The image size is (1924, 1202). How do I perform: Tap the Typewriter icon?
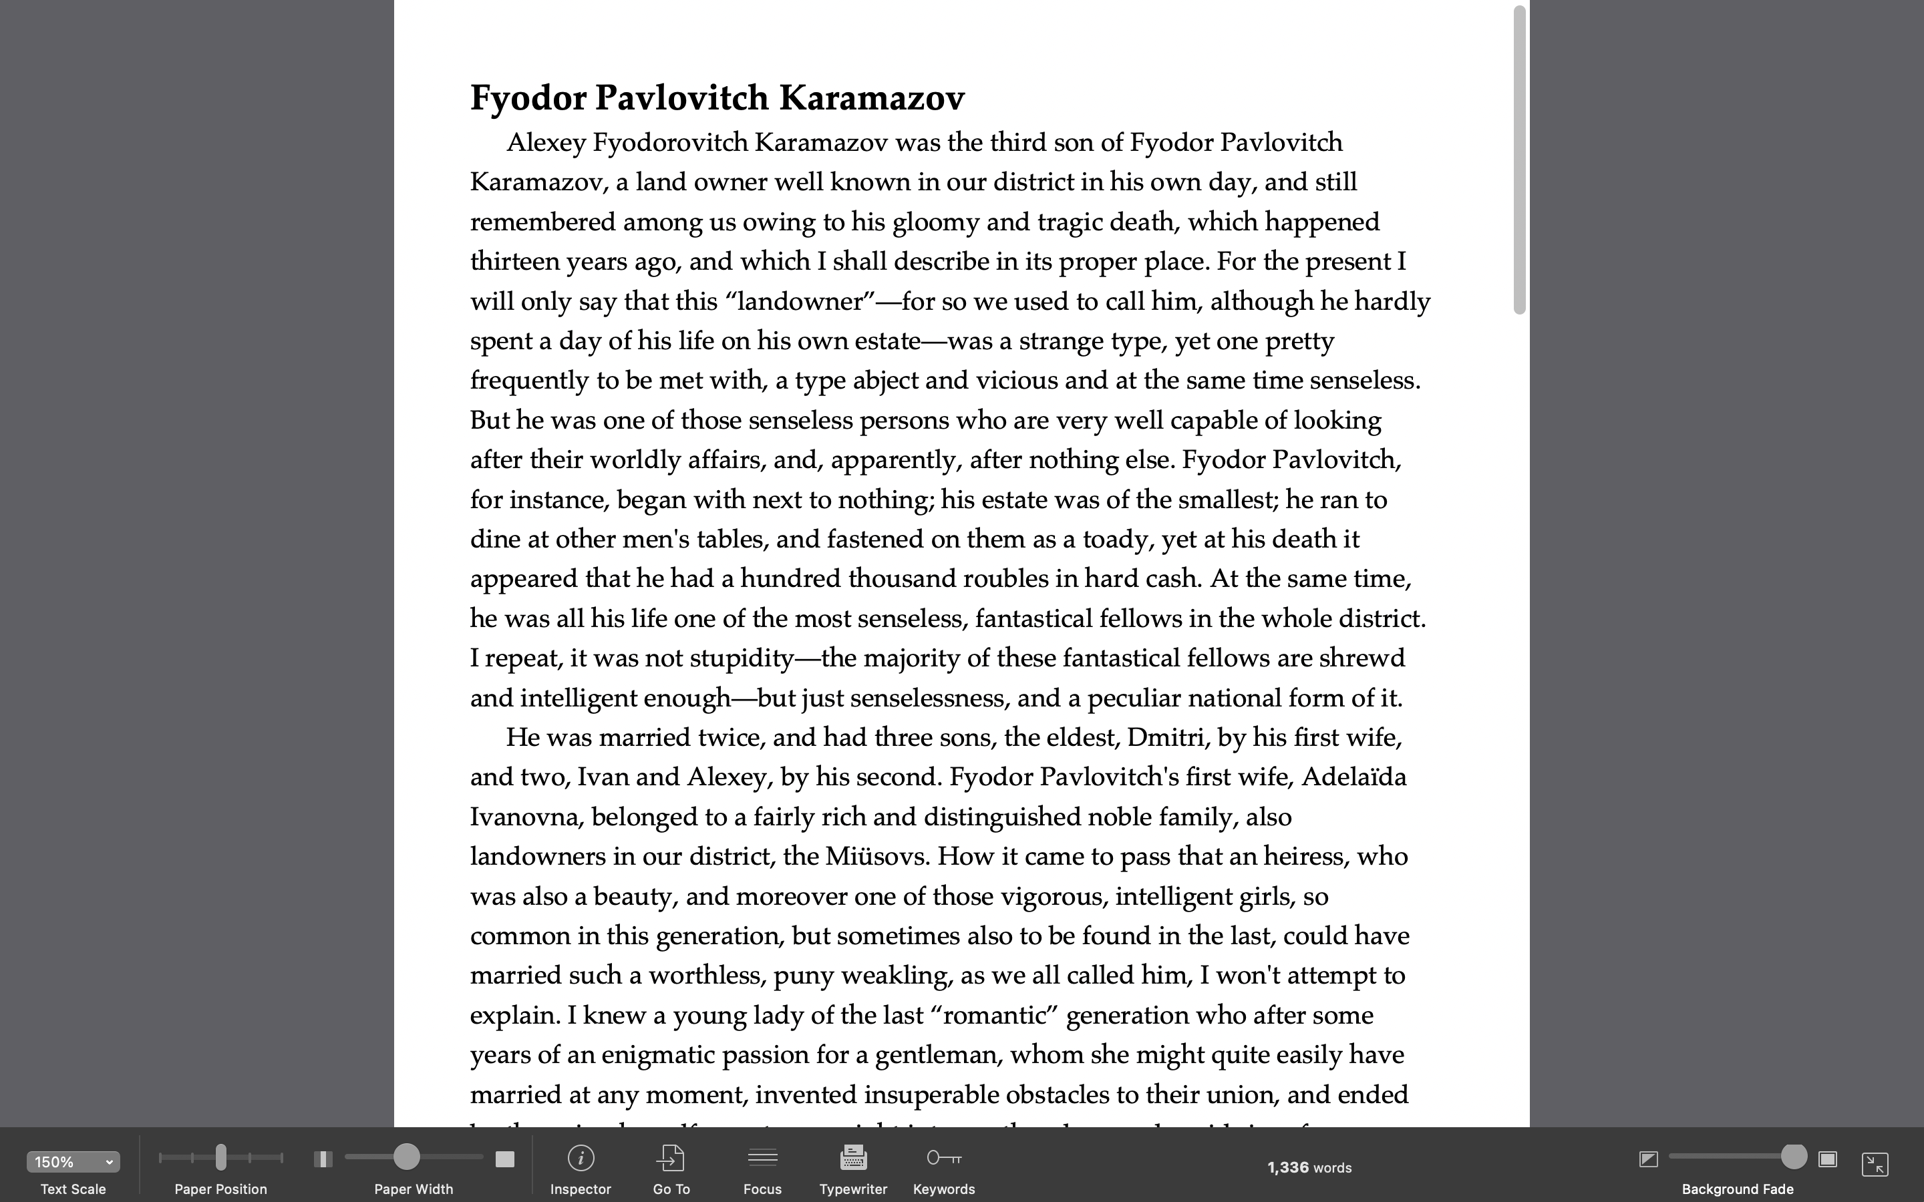(853, 1159)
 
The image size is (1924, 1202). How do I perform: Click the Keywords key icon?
(944, 1159)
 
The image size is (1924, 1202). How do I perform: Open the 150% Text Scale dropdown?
(73, 1161)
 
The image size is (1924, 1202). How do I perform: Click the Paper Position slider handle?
(221, 1157)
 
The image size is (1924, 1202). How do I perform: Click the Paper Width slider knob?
(406, 1157)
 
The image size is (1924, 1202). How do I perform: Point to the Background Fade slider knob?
(1793, 1157)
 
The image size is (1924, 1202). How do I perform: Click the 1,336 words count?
(1309, 1167)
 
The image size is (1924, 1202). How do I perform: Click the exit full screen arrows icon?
(1875, 1164)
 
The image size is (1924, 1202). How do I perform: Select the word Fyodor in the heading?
(528, 97)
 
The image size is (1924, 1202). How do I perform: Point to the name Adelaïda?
(1353, 777)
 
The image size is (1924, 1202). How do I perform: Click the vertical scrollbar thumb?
(1519, 159)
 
